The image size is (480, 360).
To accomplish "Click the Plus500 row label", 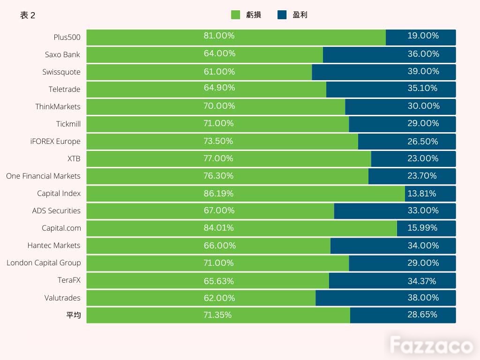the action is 67,37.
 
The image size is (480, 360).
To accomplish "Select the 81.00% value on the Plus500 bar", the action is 219,36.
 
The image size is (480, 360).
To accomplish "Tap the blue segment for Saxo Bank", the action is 390,55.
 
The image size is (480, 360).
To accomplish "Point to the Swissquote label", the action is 61,72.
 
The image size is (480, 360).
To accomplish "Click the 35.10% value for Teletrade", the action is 422,88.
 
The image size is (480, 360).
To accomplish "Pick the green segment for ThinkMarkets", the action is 216,107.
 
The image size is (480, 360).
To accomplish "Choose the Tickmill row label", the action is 68,124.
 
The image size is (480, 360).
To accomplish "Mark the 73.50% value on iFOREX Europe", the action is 218,141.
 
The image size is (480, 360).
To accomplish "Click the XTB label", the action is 74,158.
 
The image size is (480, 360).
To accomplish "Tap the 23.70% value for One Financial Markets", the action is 422,176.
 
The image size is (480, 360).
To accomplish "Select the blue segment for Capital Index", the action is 430,194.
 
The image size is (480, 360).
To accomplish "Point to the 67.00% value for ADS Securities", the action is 219,210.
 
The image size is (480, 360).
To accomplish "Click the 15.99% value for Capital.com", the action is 422,228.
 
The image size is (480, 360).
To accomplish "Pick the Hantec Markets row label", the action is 54,246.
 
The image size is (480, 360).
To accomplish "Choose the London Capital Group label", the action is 44,263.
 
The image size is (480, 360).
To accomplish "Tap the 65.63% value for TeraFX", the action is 219,281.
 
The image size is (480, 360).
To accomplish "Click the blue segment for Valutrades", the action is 386,298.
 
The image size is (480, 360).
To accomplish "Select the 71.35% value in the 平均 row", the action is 217,315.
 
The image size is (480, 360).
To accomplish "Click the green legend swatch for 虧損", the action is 235,15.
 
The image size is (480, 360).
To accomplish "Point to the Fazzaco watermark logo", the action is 431,345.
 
